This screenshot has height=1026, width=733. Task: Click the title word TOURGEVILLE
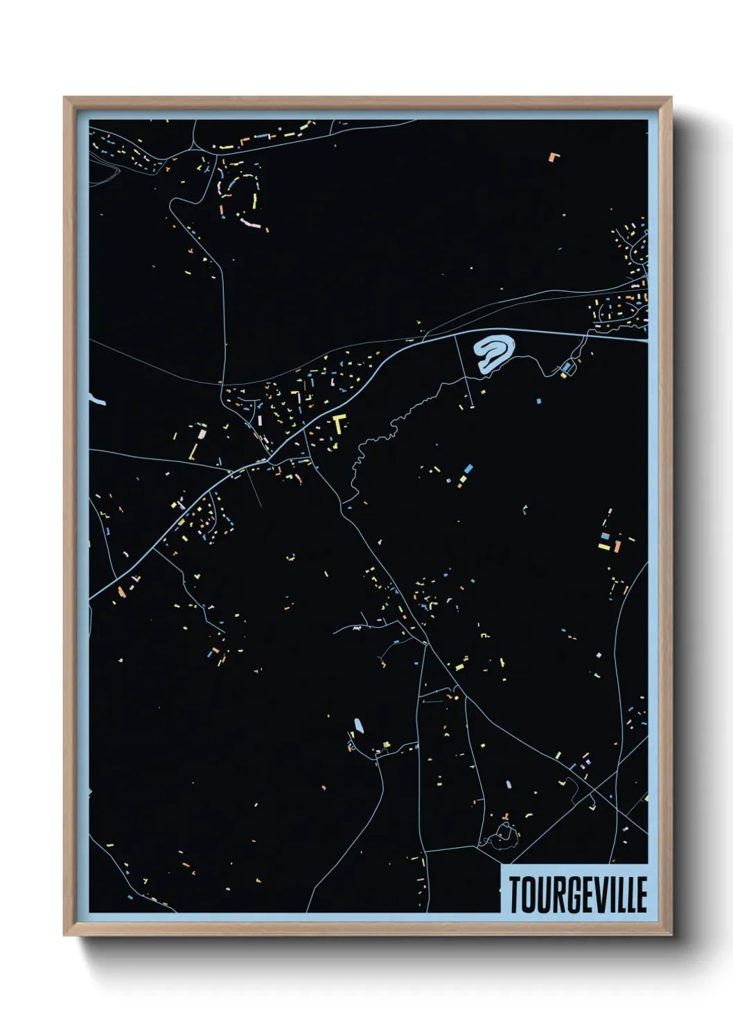coord(578,894)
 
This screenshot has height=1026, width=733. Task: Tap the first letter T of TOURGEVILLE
coord(516,894)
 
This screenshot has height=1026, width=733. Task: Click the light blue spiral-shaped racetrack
coord(494,351)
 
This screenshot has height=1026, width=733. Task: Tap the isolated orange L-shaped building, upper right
coord(553,157)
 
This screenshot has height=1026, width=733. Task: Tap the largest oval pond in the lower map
coord(358,726)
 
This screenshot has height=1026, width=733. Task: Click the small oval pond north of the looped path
coord(509,785)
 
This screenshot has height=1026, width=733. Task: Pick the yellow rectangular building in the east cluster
coord(604,547)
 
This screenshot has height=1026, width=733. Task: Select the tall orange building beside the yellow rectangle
coord(616,546)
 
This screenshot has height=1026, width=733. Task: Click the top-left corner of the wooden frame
coord(64,98)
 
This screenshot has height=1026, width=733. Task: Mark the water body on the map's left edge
coord(96,399)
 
